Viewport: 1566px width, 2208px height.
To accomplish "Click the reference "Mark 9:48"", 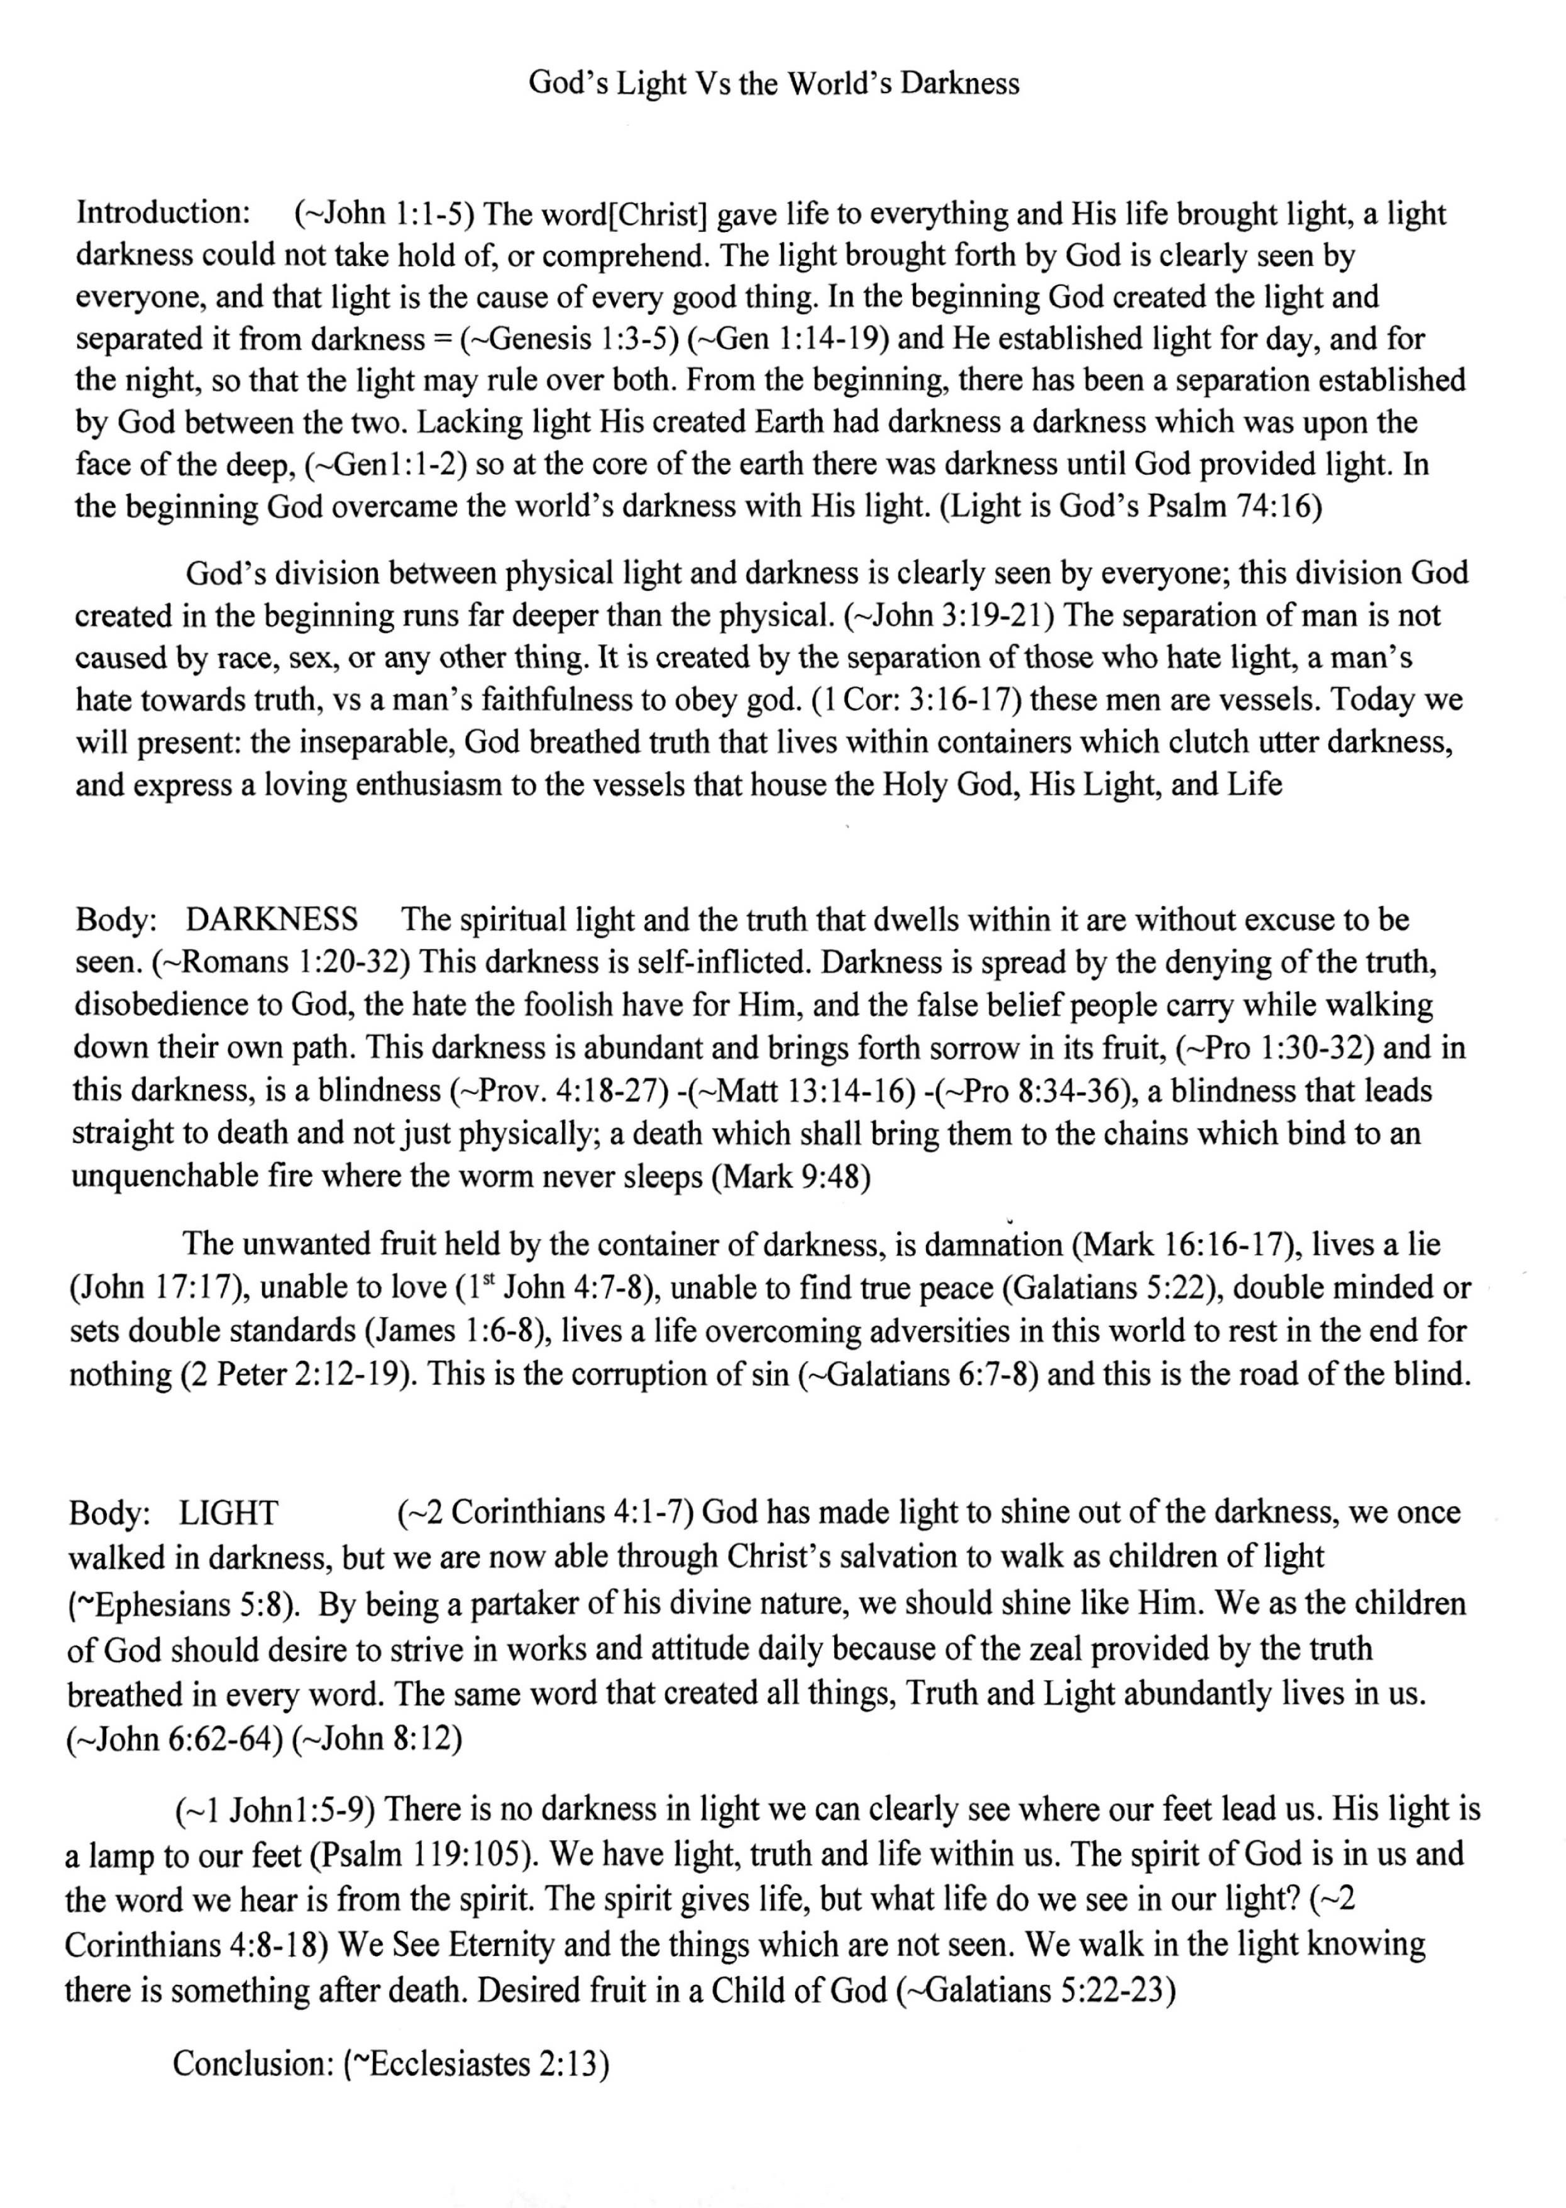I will (x=791, y=1178).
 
